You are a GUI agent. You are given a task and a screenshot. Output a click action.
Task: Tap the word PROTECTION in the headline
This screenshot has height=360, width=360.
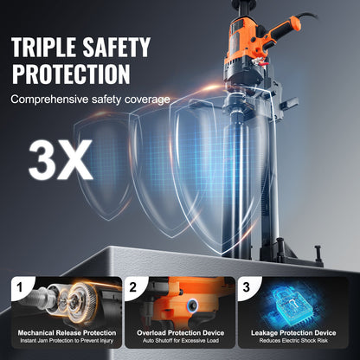coord(70,73)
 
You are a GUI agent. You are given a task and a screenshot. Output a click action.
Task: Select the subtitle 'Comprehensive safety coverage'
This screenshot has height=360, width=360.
coord(90,100)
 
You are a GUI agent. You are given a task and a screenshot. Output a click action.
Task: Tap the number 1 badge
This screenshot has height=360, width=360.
coord(17,286)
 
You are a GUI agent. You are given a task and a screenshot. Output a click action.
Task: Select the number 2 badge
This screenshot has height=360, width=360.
coord(134,286)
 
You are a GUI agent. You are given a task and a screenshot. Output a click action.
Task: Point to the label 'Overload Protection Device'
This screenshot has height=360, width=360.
coord(180,332)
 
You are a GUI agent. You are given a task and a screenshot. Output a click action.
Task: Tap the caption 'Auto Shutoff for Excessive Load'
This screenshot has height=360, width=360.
coord(180,342)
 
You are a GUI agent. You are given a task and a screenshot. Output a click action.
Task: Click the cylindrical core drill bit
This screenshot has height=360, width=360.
coord(241,173)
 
